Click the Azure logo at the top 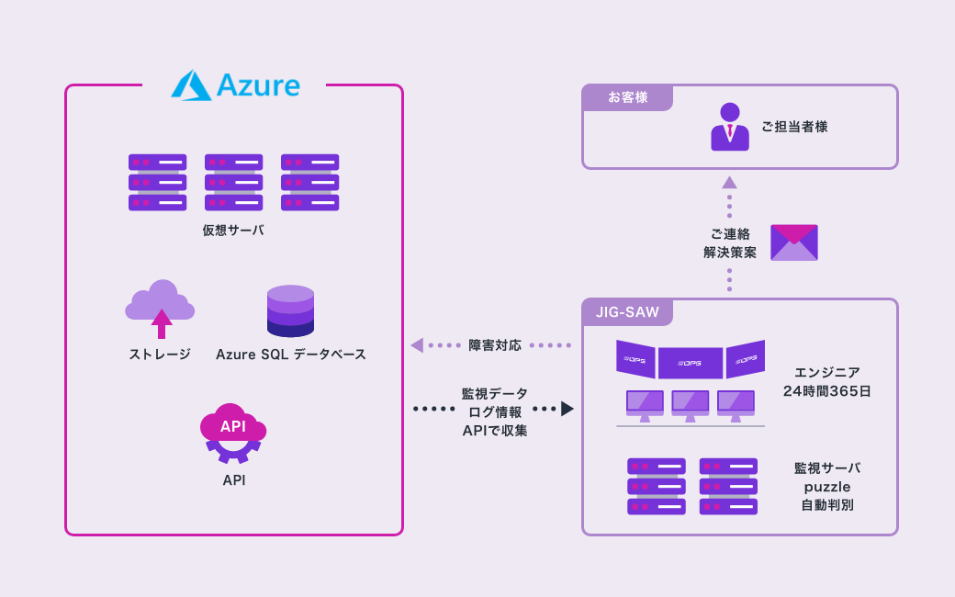[x=235, y=85]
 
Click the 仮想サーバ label [x=233, y=230]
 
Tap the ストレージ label [x=160, y=354]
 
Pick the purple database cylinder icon [x=290, y=310]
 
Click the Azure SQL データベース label [x=290, y=354]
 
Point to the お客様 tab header [x=628, y=97]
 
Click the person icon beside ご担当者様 [x=729, y=127]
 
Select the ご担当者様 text [x=794, y=127]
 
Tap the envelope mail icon [x=793, y=242]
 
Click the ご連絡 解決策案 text [x=730, y=243]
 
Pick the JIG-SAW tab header [x=627, y=312]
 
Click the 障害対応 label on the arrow [x=495, y=345]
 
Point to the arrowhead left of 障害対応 [x=416, y=345]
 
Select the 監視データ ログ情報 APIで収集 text [x=495, y=411]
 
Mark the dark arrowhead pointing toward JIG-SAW [x=567, y=409]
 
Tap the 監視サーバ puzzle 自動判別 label [x=827, y=486]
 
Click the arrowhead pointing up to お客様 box [x=729, y=182]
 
